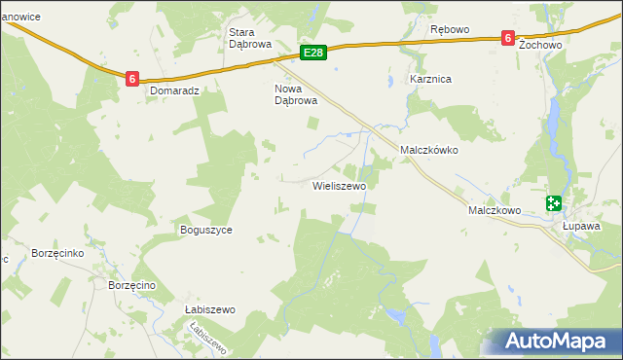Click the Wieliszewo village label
click(338, 185)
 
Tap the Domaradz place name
click(174, 90)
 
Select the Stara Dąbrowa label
click(247, 37)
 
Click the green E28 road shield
click(311, 53)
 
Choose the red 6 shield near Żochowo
click(507, 38)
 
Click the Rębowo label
click(449, 29)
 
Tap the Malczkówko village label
click(428, 151)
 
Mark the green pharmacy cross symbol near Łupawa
click(554, 202)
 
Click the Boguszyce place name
click(205, 231)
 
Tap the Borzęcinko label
click(59, 252)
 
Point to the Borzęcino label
click(132, 285)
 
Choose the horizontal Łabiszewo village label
click(210, 309)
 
